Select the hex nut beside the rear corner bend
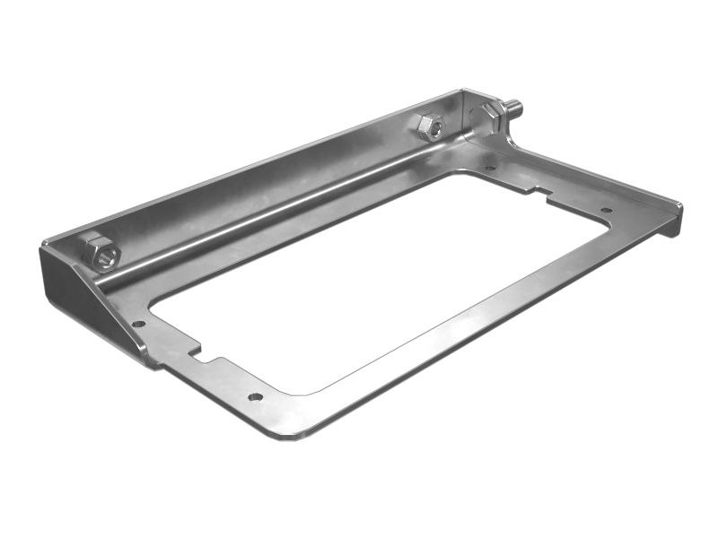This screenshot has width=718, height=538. (x=431, y=126)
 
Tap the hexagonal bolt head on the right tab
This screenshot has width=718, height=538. (x=489, y=117)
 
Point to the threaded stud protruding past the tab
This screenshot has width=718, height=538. (x=515, y=109)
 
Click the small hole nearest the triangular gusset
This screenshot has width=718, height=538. (x=138, y=323)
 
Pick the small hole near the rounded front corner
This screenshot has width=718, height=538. (x=256, y=395)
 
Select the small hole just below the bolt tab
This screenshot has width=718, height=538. (x=489, y=167)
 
